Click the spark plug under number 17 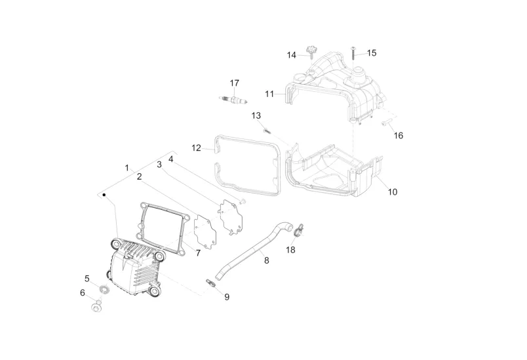pyautogui.click(x=234, y=99)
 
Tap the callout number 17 pyautogui.click(x=234, y=83)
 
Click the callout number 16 pyautogui.click(x=399, y=136)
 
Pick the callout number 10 pyautogui.click(x=393, y=192)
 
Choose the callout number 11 pyautogui.click(x=269, y=94)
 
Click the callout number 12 pyautogui.click(x=196, y=148)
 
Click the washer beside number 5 pyautogui.click(x=104, y=289)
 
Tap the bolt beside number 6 pyautogui.click(x=97, y=304)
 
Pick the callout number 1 pyautogui.click(x=127, y=168)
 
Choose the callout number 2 pyautogui.click(x=139, y=176)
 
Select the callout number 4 pyautogui.click(x=170, y=159)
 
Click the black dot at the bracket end pyautogui.click(x=104, y=195)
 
